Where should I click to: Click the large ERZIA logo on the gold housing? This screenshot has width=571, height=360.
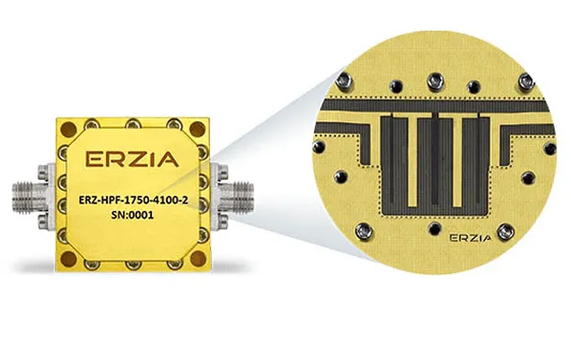point(132,159)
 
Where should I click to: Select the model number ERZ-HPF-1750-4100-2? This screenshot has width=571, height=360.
point(134,201)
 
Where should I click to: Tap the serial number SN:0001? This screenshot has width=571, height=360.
point(132,215)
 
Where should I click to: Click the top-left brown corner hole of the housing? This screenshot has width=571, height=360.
point(68,129)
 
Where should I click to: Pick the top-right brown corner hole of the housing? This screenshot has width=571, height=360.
point(198,129)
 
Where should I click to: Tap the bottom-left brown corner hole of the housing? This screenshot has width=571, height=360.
point(69,259)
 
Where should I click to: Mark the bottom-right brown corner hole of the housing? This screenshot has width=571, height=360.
point(198,259)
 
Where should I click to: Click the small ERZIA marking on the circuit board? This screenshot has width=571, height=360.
point(471,238)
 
